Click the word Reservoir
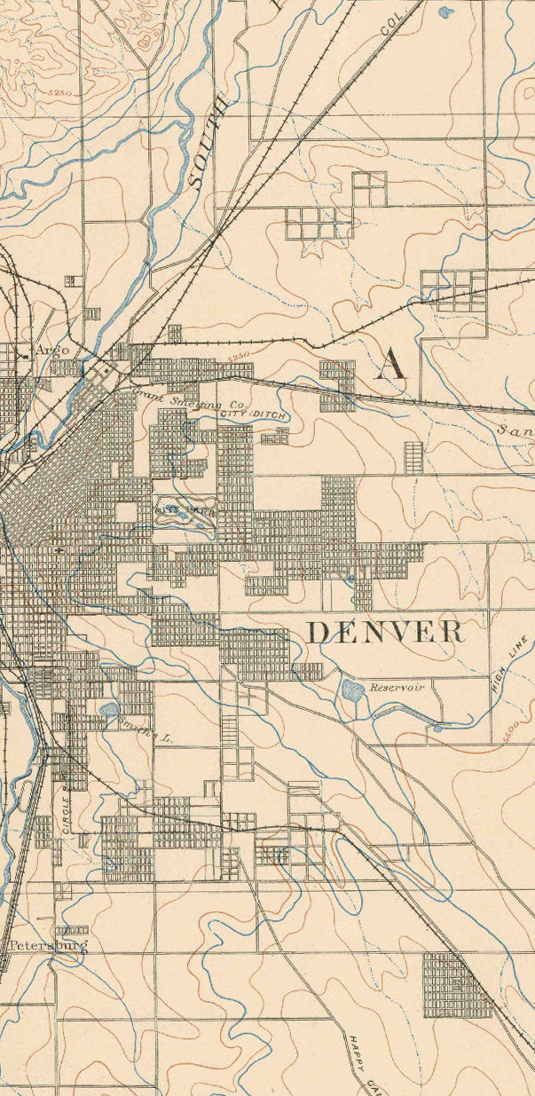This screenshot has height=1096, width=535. click(x=397, y=687)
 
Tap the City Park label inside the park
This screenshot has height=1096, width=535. click(x=185, y=512)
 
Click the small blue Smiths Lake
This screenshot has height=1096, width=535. click(x=108, y=709)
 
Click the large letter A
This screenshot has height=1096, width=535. click(x=390, y=364)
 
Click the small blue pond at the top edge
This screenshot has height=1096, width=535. click(x=445, y=12)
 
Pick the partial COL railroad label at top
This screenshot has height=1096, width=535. click(x=390, y=23)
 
